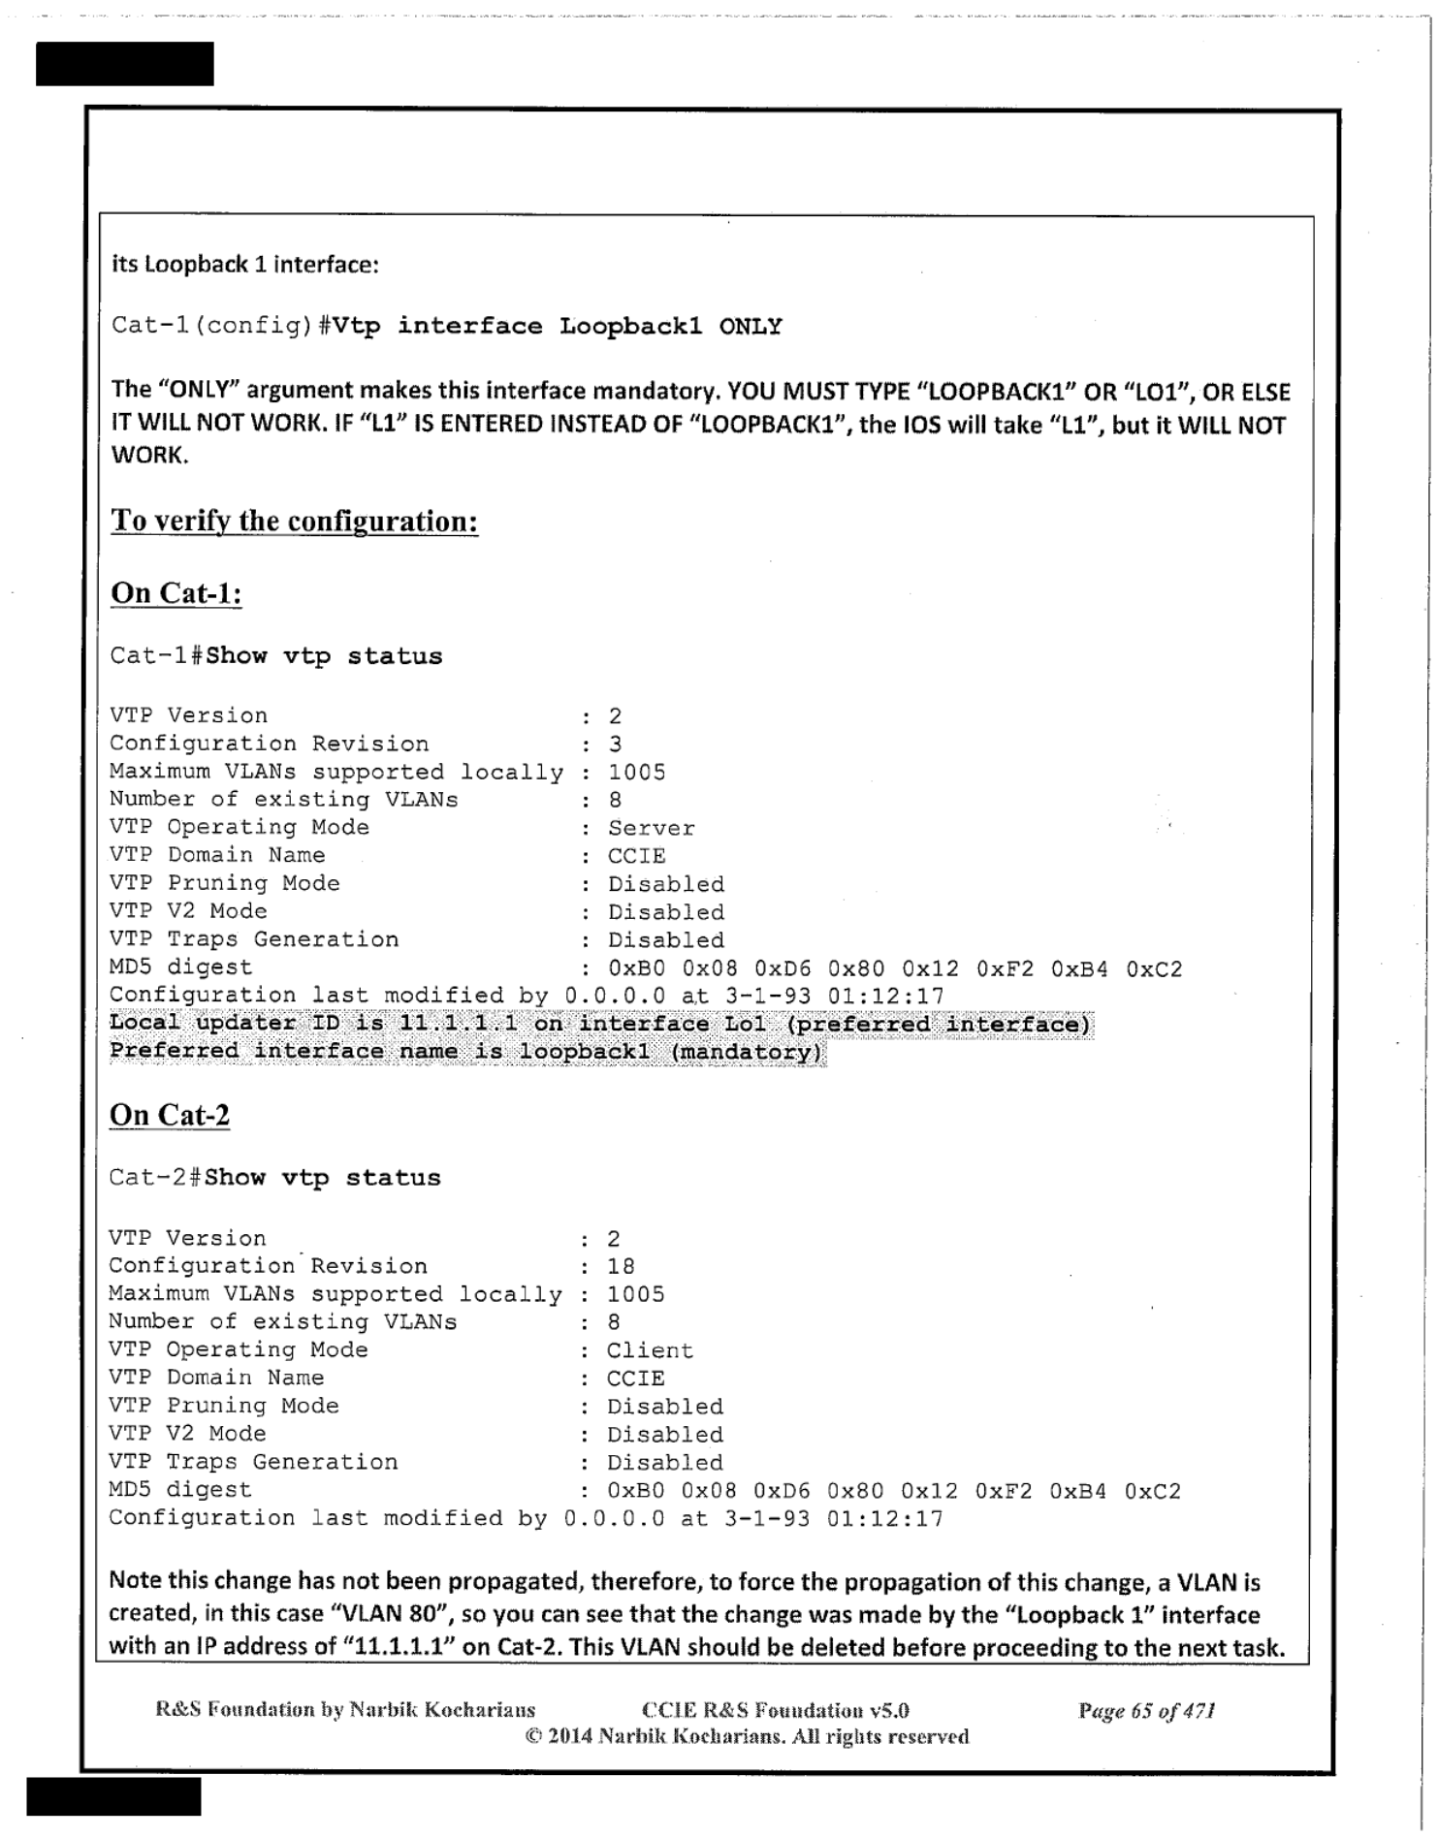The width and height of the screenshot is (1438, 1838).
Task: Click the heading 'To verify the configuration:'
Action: [294, 521]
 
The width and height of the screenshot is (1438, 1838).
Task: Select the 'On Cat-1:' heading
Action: [176, 592]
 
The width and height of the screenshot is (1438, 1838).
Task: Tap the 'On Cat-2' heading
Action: [170, 1115]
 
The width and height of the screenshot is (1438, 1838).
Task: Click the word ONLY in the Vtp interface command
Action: [751, 327]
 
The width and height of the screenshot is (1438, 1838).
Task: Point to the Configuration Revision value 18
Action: [621, 1266]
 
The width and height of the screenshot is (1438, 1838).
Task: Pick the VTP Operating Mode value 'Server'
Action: [651, 829]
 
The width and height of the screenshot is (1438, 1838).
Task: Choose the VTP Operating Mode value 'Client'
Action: [650, 1350]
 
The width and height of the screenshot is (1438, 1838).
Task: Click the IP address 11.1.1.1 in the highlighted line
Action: [459, 1024]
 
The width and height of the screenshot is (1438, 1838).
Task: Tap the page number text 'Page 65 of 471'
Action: [1146, 1711]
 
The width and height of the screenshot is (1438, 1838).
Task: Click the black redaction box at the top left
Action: [124, 64]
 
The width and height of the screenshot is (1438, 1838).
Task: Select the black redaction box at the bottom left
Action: [113, 1795]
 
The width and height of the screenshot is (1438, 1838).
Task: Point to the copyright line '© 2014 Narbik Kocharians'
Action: [747, 1736]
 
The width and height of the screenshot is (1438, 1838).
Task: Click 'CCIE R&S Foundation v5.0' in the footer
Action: [775, 1711]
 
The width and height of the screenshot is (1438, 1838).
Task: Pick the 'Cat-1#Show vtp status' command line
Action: [275, 656]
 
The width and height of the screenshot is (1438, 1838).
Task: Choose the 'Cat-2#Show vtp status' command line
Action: [274, 1178]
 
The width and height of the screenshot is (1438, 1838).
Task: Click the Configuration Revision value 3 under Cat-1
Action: [616, 745]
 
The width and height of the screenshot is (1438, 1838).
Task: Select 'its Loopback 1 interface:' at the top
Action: [244, 265]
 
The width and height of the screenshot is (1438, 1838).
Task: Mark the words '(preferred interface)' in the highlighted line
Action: [939, 1024]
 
